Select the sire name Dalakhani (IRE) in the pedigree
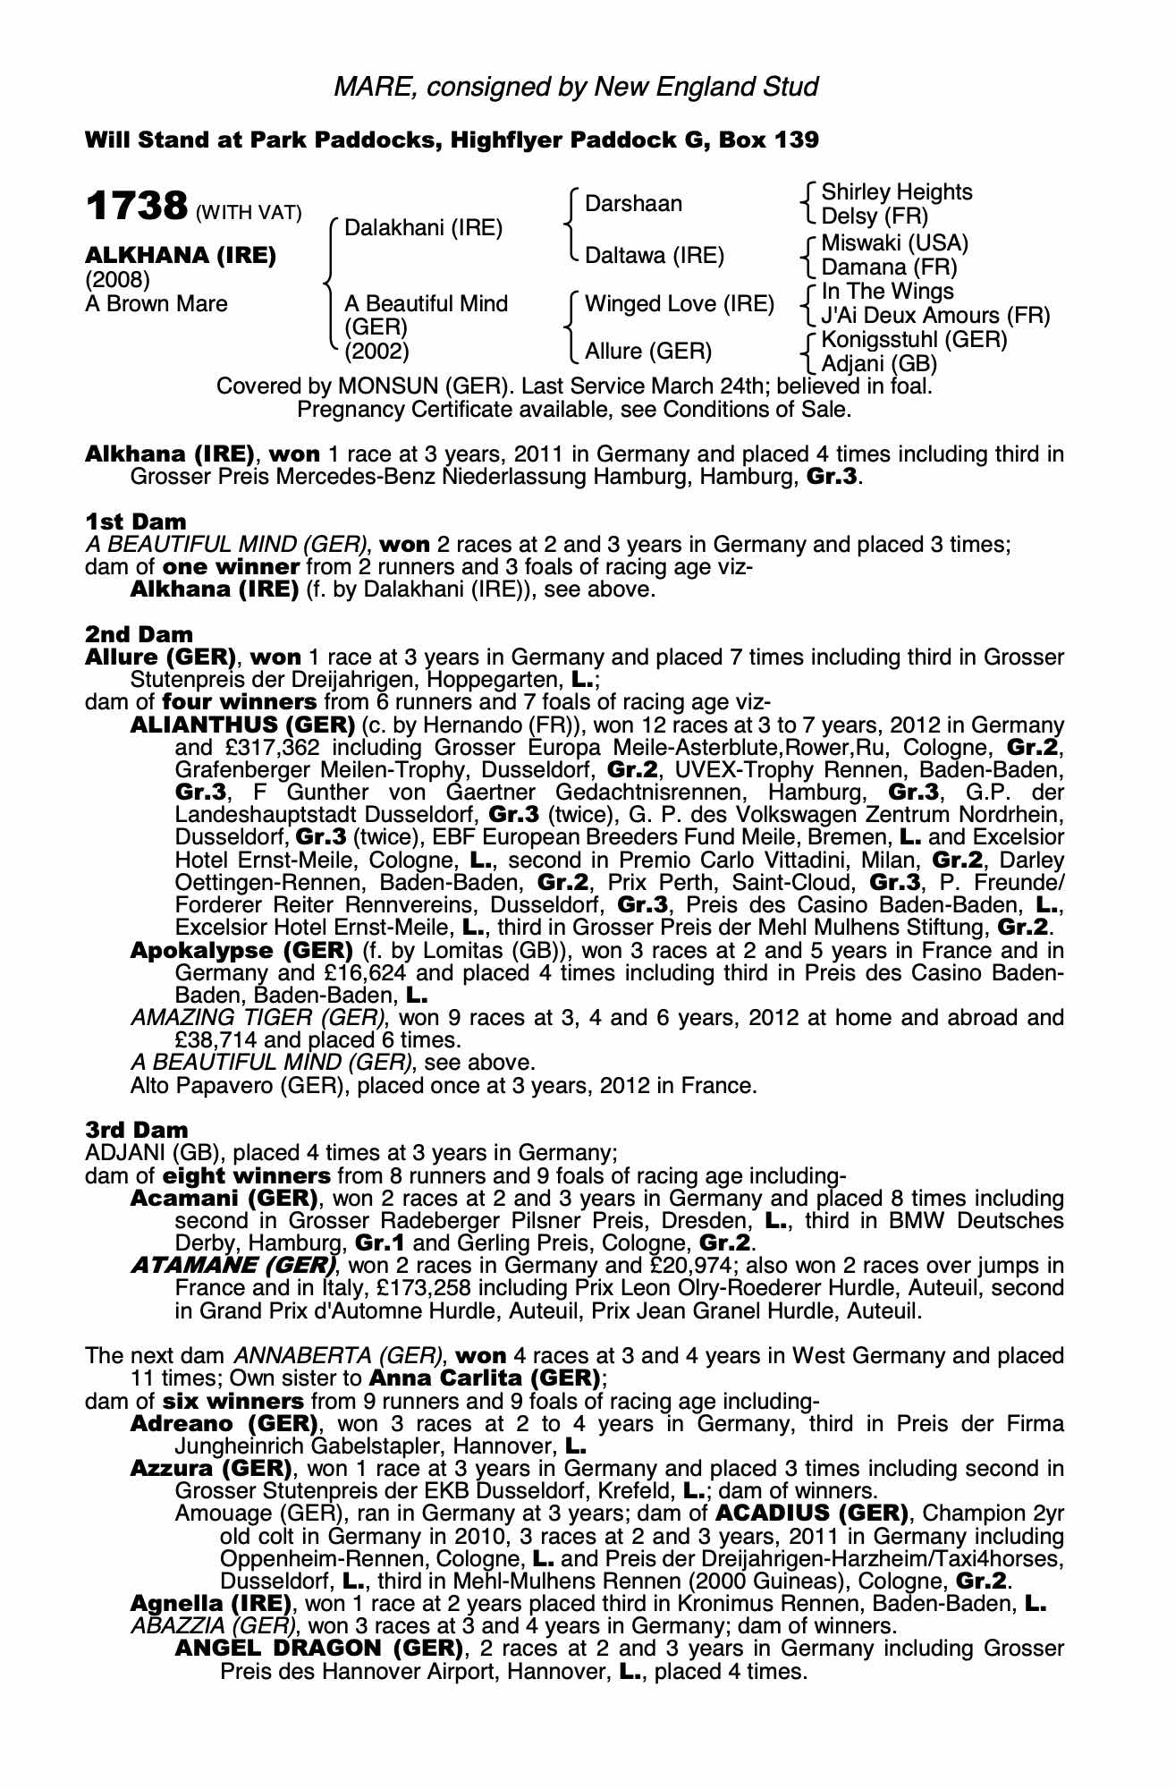pyautogui.click(x=423, y=228)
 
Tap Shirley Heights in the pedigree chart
pyautogui.click(x=896, y=192)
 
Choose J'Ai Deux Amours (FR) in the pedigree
pyautogui.click(x=935, y=316)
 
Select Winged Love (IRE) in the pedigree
pyautogui.click(x=679, y=304)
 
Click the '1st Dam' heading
pyautogui.click(x=136, y=521)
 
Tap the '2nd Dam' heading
pyautogui.click(x=139, y=634)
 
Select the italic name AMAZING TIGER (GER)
pyautogui.click(x=258, y=1018)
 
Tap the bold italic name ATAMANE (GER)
pyautogui.click(x=234, y=1266)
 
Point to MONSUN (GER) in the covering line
pyautogui.click(x=401, y=387)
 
